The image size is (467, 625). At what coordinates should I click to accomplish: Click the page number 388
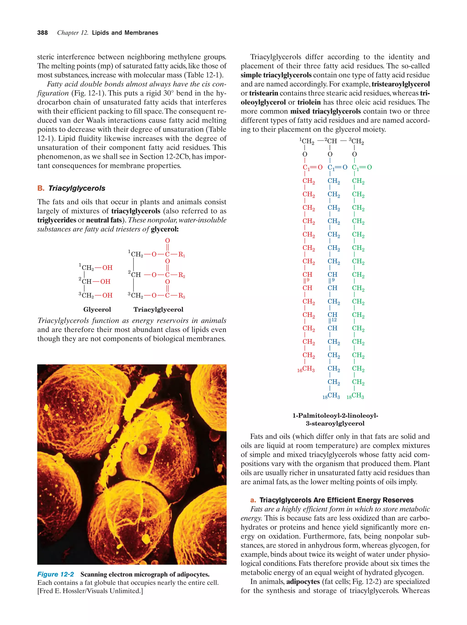42,33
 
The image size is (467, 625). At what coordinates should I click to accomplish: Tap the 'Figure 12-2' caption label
55,574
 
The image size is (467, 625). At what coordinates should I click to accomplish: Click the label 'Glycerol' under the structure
97,309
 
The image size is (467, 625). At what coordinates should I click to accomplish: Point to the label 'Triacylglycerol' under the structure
158,309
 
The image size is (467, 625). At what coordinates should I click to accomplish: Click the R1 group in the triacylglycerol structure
182,254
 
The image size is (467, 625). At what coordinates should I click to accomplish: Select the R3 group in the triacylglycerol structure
182,296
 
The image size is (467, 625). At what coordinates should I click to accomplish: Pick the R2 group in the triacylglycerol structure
182,275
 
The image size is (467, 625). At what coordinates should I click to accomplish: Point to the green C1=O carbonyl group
362,168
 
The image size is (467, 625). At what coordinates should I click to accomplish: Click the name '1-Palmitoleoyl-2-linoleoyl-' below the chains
335,416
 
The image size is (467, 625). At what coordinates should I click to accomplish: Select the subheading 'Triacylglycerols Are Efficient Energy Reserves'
336,500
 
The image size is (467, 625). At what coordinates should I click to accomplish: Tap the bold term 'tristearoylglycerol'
401,84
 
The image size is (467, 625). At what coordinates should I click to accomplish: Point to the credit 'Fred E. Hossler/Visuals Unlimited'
90,591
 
